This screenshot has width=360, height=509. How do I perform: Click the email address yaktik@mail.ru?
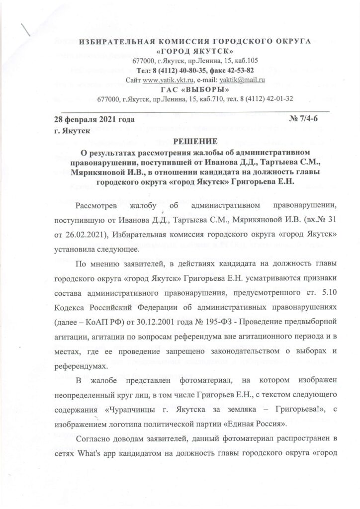pos(242,80)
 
